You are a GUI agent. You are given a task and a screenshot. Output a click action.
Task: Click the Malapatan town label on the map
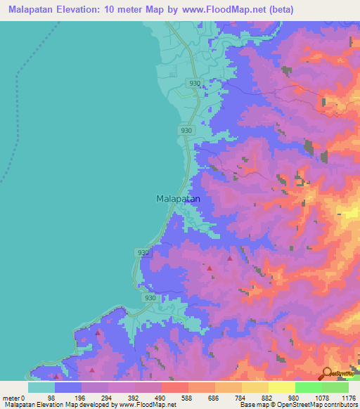coord(177,199)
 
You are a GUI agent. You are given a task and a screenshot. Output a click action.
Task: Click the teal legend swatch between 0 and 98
coord(41,387)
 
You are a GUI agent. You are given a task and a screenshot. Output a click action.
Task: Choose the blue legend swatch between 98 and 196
coord(67,387)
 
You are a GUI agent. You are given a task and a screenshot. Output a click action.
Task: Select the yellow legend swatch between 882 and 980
coord(281,387)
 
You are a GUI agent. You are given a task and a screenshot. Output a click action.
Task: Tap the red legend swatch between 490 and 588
coord(174,387)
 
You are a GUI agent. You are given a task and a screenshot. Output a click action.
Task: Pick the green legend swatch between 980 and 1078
coord(308,387)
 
